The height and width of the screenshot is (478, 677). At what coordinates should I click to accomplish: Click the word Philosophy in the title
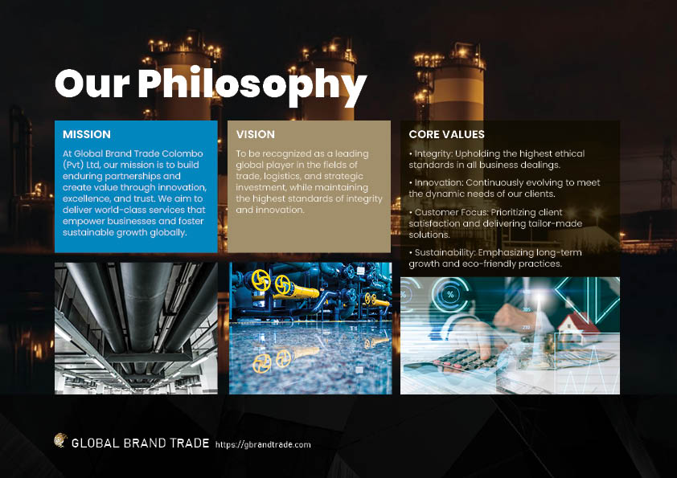pos(252,86)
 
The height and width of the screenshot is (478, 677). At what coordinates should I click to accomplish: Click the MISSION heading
pos(87,134)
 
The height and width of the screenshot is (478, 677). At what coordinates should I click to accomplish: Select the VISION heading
pos(255,134)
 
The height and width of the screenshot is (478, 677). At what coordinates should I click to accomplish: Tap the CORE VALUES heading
pos(446,134)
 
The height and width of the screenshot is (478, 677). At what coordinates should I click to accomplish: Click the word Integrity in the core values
pos(433,154)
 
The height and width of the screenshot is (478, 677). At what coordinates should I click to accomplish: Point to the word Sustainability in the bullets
pos(445,252)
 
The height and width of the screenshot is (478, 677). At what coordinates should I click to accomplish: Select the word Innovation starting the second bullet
pos(439,182)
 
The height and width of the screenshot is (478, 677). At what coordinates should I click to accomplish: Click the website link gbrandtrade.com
pos(263,445)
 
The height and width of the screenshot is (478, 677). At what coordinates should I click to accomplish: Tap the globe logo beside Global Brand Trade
pos(60,440)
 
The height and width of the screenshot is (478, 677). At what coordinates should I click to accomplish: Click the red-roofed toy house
pos(577,329)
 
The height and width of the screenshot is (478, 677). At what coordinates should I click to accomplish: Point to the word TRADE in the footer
pos(190,443)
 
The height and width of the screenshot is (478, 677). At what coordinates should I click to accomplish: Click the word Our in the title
pos(92,84)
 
